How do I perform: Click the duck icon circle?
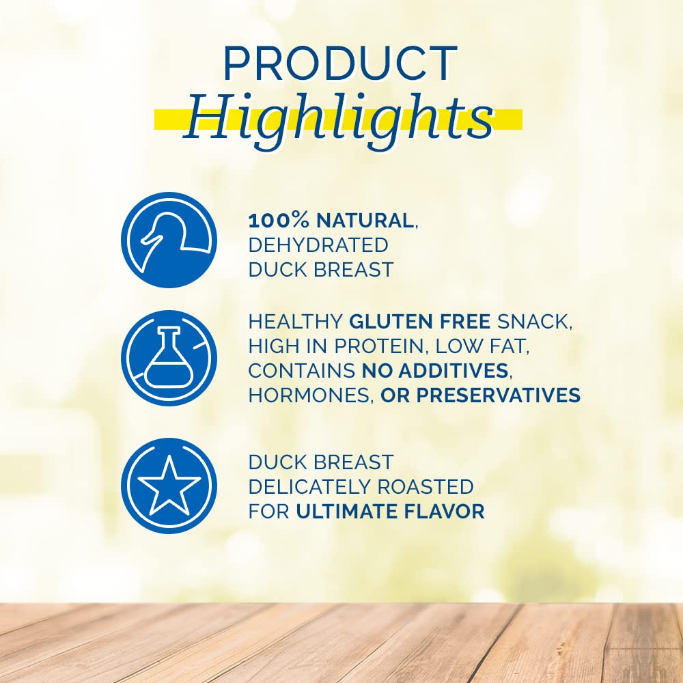169,240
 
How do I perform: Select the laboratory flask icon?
169,358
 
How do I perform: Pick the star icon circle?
169,486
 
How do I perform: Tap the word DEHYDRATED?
318,245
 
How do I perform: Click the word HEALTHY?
295,322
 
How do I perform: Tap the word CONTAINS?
301,371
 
